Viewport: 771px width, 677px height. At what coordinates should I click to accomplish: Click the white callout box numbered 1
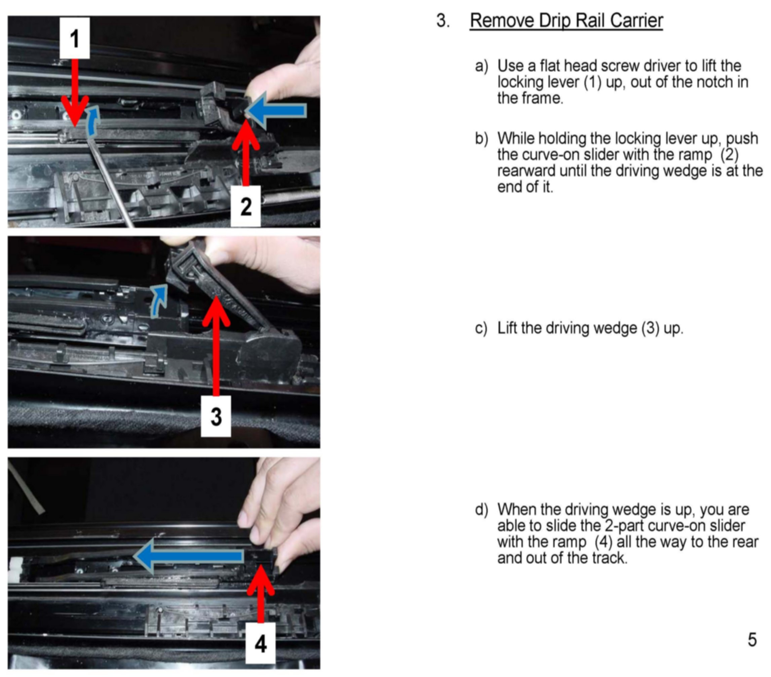(x=75, y=38)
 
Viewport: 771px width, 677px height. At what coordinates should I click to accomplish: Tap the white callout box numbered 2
(x=245, y=206)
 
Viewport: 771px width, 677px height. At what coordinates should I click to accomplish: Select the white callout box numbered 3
(x=216, y=416)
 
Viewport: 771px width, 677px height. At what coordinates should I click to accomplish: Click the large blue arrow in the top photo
(x=275, y=111)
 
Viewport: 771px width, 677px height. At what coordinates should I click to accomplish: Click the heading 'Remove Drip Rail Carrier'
(x=566, y=21)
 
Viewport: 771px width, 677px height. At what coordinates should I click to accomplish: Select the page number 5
(x=752, y=640)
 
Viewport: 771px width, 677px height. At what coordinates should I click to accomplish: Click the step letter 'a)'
(x=481, y=66)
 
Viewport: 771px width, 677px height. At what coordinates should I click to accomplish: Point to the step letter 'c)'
(x=481, y=328)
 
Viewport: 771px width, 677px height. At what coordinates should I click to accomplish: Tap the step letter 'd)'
(x=481, y=510)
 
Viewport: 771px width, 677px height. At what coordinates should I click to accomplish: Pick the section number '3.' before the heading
(x=443, y=21)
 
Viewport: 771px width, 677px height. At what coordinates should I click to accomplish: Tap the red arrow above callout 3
(x=216, y=345)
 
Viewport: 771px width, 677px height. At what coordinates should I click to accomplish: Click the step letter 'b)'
(x=481, y=139)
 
